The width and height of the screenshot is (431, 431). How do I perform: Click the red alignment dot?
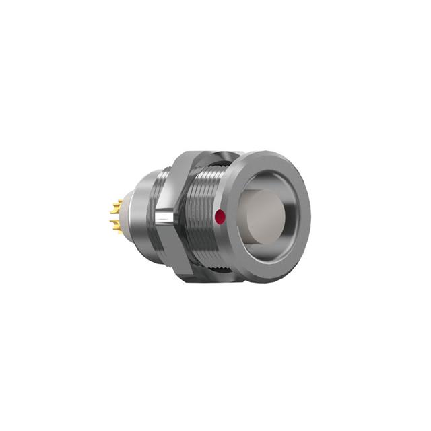pyautogui.click(x=218, y=217)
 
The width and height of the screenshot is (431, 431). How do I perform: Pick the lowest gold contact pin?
pyautogui.click(x=119, y=234)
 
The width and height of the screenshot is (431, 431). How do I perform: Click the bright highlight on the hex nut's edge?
pyautogui.click(x=164, y=217)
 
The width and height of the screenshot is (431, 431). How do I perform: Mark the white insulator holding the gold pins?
pyautogui.click(x=123, y=218)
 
